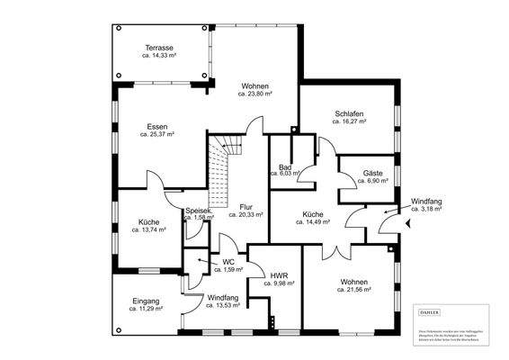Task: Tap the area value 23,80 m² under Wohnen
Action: point(255,93)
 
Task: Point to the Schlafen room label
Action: point(348,114)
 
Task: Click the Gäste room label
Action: point(373,172)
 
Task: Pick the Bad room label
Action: point(285,166)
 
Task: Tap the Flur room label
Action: point(246,207)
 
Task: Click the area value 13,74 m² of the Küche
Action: point(149,230)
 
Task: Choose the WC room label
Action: point(216,262)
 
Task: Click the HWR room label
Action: point(278,274)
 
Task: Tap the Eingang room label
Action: point(146,301)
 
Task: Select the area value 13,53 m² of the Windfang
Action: point(222,305)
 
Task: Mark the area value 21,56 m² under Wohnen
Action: point(353,290)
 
